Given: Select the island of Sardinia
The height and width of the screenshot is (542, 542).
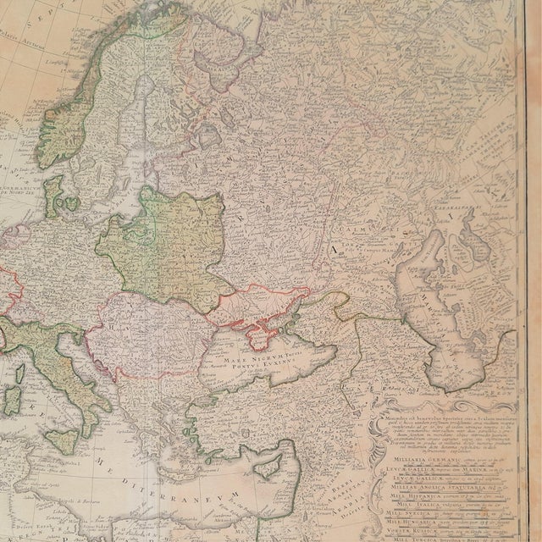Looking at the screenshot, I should coord(13,397).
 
